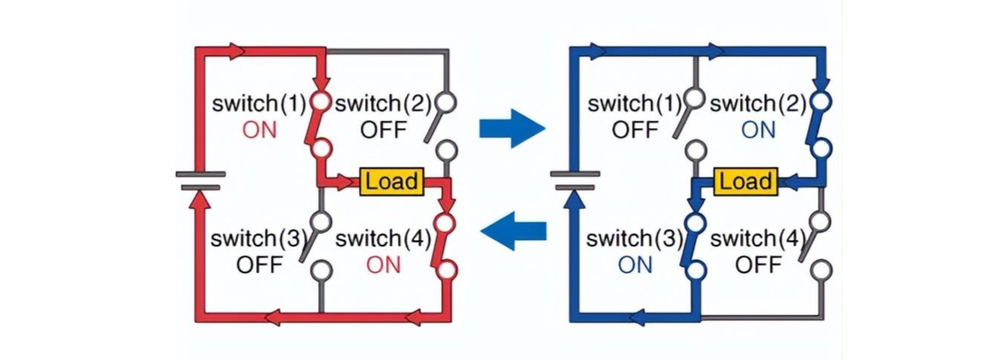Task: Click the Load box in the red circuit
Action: pos(392,182)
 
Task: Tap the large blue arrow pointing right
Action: pos(512,128)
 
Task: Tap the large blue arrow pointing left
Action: pos(513,230)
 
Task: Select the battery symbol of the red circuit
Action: pos(201,181)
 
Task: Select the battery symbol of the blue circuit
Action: pos(575,181)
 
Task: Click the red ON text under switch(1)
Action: pos(260,130)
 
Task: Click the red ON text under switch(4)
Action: pos(383,264)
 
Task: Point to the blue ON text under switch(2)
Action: pos(758,130)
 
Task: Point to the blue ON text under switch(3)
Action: pos(635,264)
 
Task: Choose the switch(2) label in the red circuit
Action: pos(384,103)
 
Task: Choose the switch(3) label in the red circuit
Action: pos(260,240)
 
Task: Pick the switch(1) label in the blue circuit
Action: pos(635,103)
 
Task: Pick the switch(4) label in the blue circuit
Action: pos(759,240)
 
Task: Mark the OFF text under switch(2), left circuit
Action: pos(383,130)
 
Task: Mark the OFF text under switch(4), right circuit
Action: pos(758,264)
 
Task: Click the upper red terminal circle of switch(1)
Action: pos(321,100)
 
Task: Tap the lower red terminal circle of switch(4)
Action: pos(446,270)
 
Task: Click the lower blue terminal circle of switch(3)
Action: pos(696,270)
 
